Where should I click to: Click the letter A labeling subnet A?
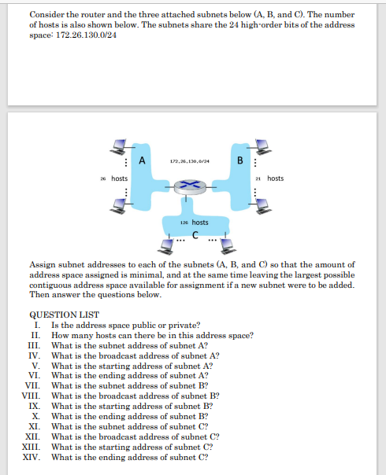(142, 160)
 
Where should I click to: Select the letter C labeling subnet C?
(193, 233)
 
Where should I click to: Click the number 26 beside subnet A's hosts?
(103, 179)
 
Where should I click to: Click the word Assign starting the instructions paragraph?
(43, 265)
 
